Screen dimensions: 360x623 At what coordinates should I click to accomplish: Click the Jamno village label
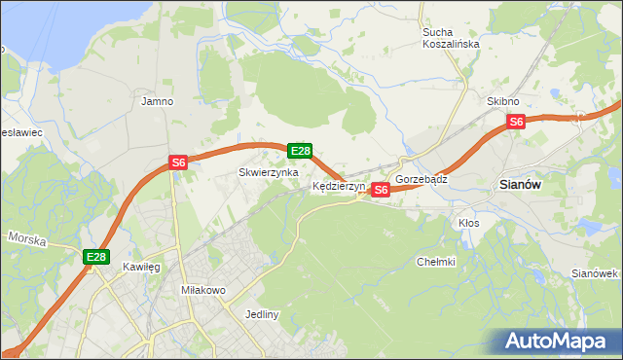[157, 100]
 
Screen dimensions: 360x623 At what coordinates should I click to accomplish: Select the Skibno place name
[503, 101]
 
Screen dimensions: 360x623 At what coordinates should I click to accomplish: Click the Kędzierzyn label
[338, 185]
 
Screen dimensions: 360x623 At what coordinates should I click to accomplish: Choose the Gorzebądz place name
[421, 180]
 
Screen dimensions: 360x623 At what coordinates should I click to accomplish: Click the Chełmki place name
[436, 262]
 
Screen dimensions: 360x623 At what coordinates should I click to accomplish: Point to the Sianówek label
[596, 273]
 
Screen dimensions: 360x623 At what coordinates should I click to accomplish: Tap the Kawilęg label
[141, 266]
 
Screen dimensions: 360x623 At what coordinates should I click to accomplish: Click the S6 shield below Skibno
[516, 122]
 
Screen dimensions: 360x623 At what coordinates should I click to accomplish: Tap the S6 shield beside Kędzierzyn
[381, 190]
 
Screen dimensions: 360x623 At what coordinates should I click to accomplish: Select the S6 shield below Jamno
[178, 162]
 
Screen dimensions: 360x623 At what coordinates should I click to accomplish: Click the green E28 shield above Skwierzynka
[300, 151]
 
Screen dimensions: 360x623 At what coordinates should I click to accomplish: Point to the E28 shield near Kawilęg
[95, 257]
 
